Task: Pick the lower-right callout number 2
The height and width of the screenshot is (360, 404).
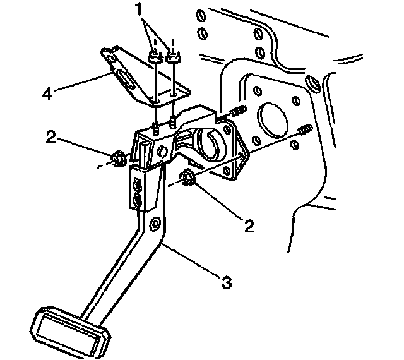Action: [250, 225]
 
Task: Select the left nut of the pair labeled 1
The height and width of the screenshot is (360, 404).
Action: [155, 58]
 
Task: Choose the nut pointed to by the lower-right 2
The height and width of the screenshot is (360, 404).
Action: [189, 179]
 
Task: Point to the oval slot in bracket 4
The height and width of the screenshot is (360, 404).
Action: [125, 81]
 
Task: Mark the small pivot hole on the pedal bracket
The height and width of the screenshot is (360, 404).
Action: [163, 151]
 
